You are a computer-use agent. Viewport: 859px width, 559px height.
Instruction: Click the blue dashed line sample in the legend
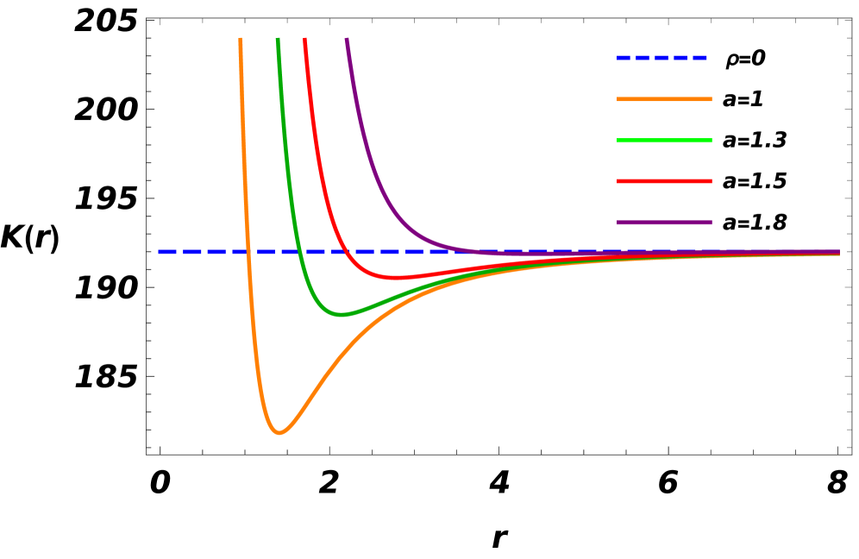click(x=661, y=58)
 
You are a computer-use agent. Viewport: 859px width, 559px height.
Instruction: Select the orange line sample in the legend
click(x=664, y=99)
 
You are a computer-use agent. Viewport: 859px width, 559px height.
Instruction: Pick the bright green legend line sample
click(x=664, y=141)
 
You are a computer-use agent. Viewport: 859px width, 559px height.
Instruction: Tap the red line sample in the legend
click(x=664, y=181)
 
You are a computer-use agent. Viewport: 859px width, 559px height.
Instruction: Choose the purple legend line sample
click(x=664, y=223)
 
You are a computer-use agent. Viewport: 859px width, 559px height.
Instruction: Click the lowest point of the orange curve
click(x=279, y=432)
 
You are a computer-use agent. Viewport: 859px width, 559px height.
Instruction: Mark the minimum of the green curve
click(x=342, y=315)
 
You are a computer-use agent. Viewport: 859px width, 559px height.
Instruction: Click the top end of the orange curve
click(x=240, y=40)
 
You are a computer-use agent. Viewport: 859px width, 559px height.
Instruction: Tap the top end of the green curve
click(x=277, y=40)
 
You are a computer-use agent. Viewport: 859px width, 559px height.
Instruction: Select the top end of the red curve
click(x=305, y=40)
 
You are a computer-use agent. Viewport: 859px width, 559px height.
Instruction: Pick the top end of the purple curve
click(x=347, y=40)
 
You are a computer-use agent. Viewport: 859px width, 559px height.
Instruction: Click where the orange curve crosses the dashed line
click(x=248, y=252)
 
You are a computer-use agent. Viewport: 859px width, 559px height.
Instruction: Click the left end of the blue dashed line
click(x=160, y=252)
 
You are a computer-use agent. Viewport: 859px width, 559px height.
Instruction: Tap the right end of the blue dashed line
click(x=838, y=252)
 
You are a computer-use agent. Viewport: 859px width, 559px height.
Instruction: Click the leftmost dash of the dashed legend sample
click(x=624, y=58)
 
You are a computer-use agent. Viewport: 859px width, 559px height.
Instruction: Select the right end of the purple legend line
click(x=711, y=223)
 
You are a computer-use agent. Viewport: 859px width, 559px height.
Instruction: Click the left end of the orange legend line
click(x=618, y=99)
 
